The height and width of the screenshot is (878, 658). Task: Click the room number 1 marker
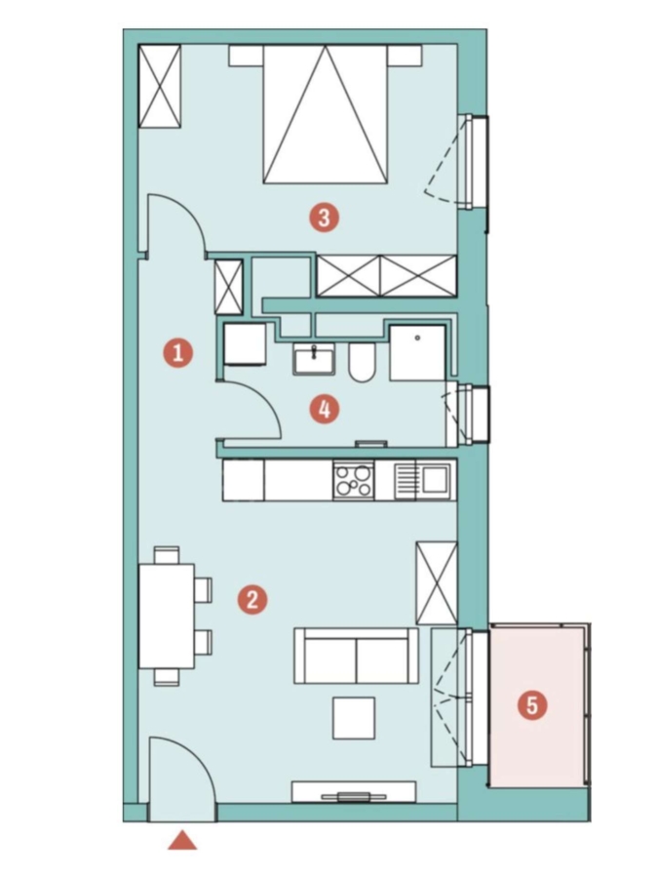tap(178, 353)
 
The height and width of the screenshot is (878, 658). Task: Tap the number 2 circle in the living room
tap(252, 599)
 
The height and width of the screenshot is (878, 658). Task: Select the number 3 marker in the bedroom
tap(325, 218)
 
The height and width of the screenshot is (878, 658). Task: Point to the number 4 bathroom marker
tap(325, 410)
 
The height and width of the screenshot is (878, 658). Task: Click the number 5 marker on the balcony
tap(532, 705)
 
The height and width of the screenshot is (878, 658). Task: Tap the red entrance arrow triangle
tap(182, 841)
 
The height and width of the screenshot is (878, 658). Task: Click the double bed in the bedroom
tap(325, 114)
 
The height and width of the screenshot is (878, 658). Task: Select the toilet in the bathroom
tap(362, 362)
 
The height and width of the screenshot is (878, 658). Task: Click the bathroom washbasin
tap(314, 358)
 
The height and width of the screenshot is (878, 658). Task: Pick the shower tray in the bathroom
tap(417, 353)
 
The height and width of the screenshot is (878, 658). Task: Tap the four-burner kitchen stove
tap(354, 480)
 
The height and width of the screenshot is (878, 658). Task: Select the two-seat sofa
tap(356, 656)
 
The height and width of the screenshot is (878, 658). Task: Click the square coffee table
tap(354, 718)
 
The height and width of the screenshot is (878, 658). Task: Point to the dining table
tap(167, 616)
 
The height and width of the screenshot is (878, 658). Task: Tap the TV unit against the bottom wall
tap(354, 792)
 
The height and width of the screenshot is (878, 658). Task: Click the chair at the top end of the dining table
tap(167, 555)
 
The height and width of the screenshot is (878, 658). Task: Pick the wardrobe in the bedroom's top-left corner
tap(160, 86)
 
